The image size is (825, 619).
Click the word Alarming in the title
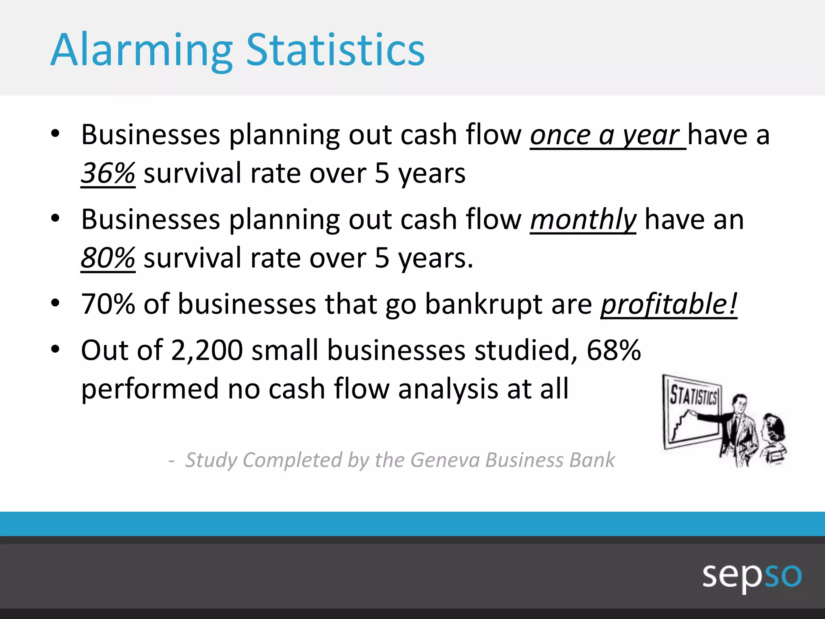(141, 50)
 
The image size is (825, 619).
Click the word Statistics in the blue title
(335, 50)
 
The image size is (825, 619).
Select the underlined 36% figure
(108, 173)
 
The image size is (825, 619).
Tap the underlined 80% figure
(108, 258)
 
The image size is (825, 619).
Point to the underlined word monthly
(583, 220)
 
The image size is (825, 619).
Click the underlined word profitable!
(669, 304)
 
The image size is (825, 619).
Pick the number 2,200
(207, 350)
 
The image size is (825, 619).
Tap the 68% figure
(613, 350)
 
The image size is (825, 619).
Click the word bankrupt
(483, 304)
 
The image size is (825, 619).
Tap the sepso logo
(752, 575)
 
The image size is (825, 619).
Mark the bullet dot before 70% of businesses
(55, 303)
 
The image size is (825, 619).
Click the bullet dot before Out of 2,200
(55, 349)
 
